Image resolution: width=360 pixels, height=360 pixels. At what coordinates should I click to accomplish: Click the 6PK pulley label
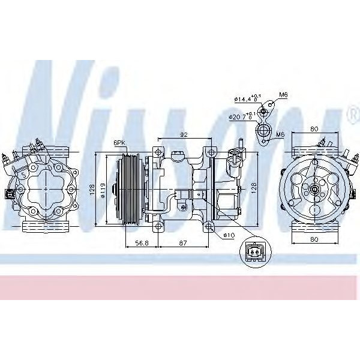coord(119,143)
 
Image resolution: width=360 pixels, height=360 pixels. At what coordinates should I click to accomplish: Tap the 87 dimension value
coord(183,242)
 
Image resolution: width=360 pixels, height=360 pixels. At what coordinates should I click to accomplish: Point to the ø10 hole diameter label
coord(229,235)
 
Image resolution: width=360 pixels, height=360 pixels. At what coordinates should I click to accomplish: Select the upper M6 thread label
coord(284,95)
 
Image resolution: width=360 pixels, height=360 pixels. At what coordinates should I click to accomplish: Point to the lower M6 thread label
coord(280,136)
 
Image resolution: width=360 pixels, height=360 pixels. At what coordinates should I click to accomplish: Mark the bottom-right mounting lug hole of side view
coord(209,226)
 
